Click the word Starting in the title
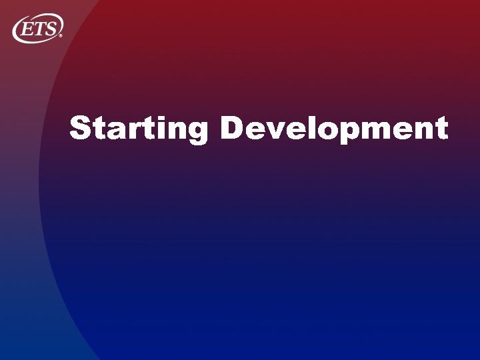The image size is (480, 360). pyautogui.click(x=139, y=129)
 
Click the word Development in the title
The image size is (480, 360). pyautogui.click(x=333, y=129)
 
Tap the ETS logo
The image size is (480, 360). pyautogui.click(x=38, y=28)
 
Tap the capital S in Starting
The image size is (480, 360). pyautogui.click(x=80, y=128)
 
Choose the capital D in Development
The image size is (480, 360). pyautogui.click(x=232, y=128)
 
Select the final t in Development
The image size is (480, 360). pyautogui.click(x=439, y=129)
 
